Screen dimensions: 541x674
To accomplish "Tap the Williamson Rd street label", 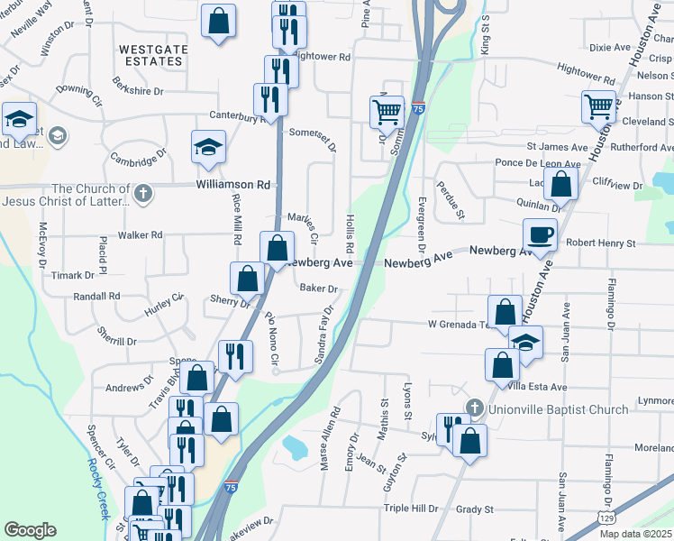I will pyautogui.click(x=233, y=185).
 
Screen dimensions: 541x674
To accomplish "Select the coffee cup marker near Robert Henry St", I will pyautogui.click(x=540, y=235).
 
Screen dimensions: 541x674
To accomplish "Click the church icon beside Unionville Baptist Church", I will pyautogui.click(x=477, y=408).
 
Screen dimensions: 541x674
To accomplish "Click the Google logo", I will pyautogui.click(x=30, y=530).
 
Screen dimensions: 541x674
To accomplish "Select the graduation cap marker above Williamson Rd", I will pyautogui.click(x=208, y=147).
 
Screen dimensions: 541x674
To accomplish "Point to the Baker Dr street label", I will pyautogui.click(x=318, y=289).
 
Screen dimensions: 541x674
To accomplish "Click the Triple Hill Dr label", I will pyautogui.click(x=410, y=508).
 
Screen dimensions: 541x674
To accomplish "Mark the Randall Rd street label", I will pyautogui.click(x=96, y=296).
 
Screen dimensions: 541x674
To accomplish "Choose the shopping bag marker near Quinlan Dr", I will pyautogui.click(x=561, y=185).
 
